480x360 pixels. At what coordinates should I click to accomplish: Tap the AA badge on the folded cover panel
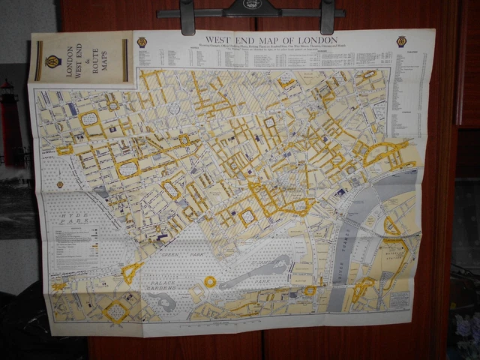pyautogui.click(x=52, y=61)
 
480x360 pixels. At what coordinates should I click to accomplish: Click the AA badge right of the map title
pyautogui.click(x=402, y=42)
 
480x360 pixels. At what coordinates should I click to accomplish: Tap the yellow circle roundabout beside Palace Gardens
pyautogui.click(x=210, y=282)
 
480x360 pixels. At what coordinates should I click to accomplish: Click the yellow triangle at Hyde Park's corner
pyautogui.click(x=132, y=271)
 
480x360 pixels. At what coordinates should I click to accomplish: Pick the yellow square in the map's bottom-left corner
pyautogui.click(x=116, y=310)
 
